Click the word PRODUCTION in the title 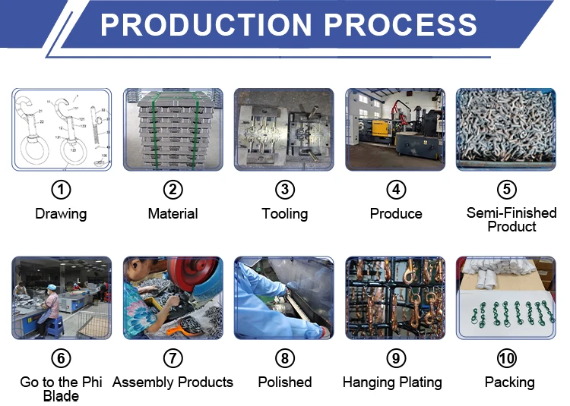tap(206, 24)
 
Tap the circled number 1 tap(61, 190)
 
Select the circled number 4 tap(396, 190)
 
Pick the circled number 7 tap(173, 358)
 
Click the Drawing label tap(61, 214)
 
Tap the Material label tap(173, 214)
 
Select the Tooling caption tap(285, 214)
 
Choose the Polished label tap(285, 382)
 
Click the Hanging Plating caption tap(392, 382)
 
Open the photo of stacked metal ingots tap(173, 129)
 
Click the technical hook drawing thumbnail tap(61, 129)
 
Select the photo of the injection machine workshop tap(395, 129)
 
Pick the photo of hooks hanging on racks tap(395, 297)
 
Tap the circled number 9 tap(396, 358)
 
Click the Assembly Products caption tap(173, 382)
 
